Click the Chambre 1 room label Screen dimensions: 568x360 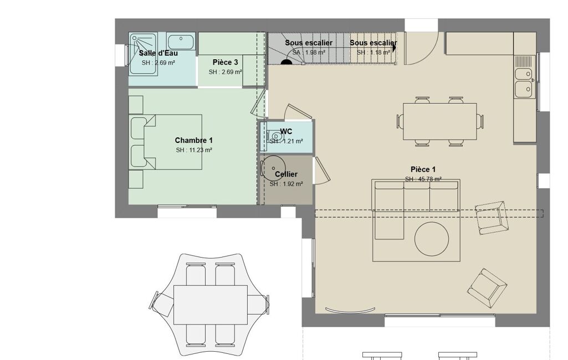(x=194, y=140)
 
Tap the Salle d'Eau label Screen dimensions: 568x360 (x=158, y=53)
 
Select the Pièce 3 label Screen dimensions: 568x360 (x=226, y=62)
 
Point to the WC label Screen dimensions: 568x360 (x=286, y=131)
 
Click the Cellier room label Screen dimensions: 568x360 (x=286, y=174)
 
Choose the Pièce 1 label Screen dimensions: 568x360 (x=423, y=169)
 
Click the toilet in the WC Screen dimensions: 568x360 (x=275, y=137)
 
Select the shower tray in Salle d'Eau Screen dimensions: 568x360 (x=143, y=54)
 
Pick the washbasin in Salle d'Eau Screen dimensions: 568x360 (x=181, y=42)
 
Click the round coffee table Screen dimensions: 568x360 (x=432, y=239)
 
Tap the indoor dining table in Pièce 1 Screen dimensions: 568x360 (x=440, y=121)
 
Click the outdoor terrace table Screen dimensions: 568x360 (x=211, y=305)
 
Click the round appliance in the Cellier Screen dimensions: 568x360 (x=273, y=168)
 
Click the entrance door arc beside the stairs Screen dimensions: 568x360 (x=422, y=48)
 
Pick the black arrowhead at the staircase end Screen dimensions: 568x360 (x=394, y=48)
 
